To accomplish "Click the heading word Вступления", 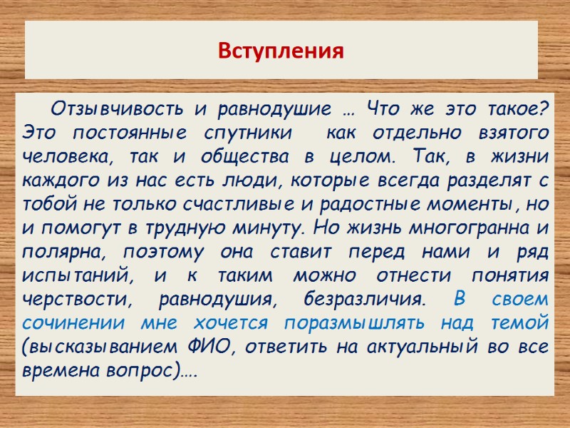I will [281, 51].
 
